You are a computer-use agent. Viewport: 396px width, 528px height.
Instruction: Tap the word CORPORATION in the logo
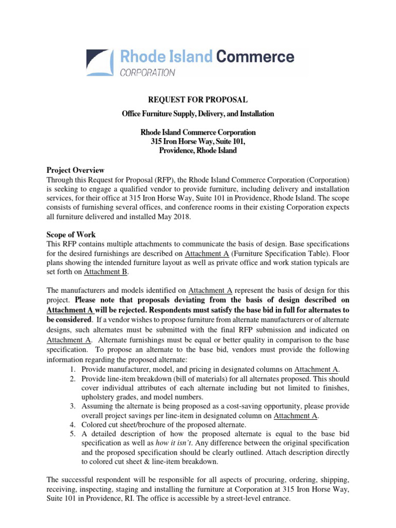coord(147,73)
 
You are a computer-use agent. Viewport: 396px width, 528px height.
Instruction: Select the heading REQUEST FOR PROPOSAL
coord(198,100)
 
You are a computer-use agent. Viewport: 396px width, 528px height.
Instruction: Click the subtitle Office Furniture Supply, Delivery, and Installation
coord(198,113)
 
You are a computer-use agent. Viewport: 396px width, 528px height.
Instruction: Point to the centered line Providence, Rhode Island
coord(198,151)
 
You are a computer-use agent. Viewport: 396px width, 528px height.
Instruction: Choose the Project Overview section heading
coord(75,170)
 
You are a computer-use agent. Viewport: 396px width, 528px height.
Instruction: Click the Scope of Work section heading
coord(72,235)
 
